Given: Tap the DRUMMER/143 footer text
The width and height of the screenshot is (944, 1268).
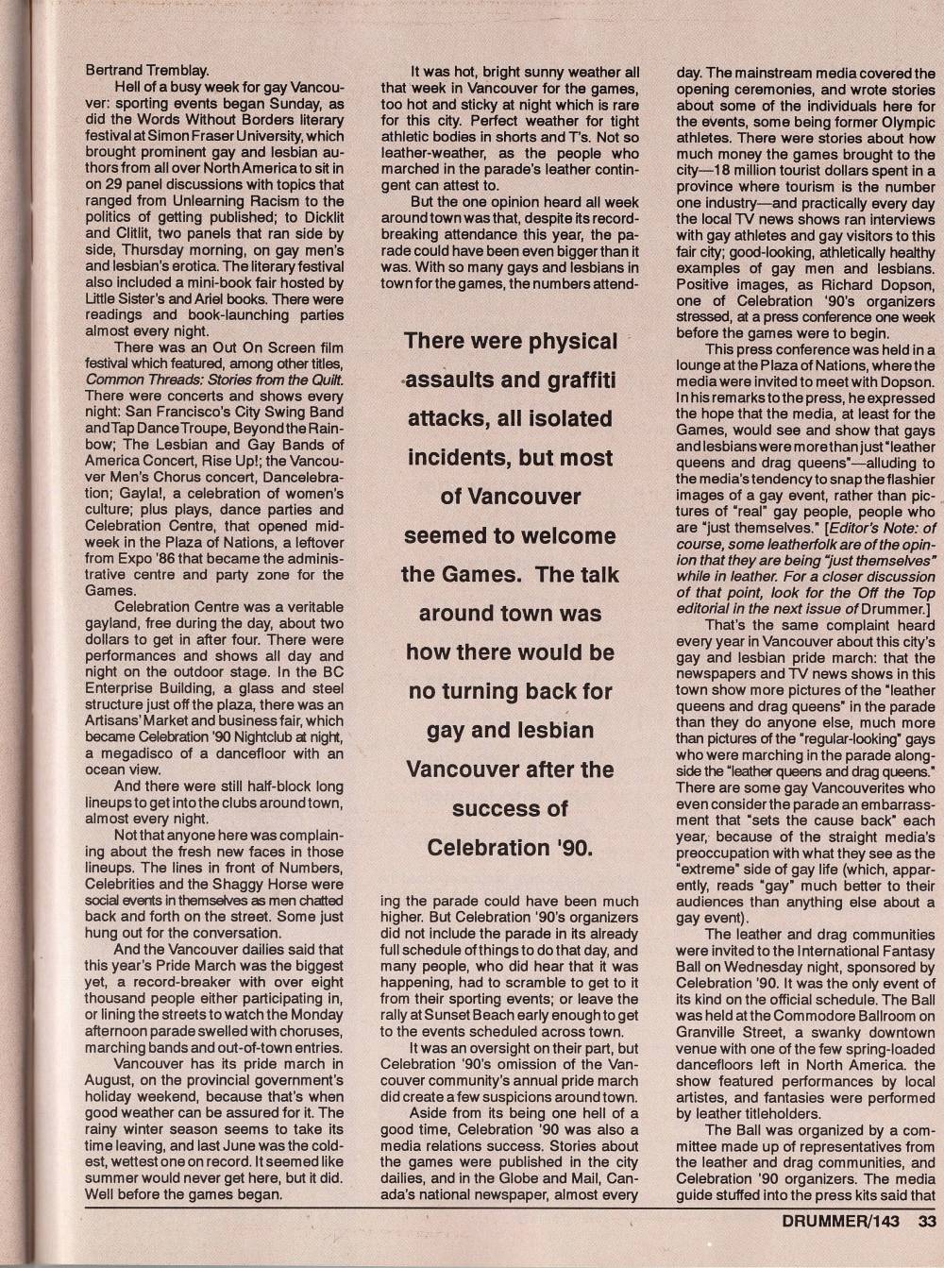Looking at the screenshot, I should click(x=842, y=1220).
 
